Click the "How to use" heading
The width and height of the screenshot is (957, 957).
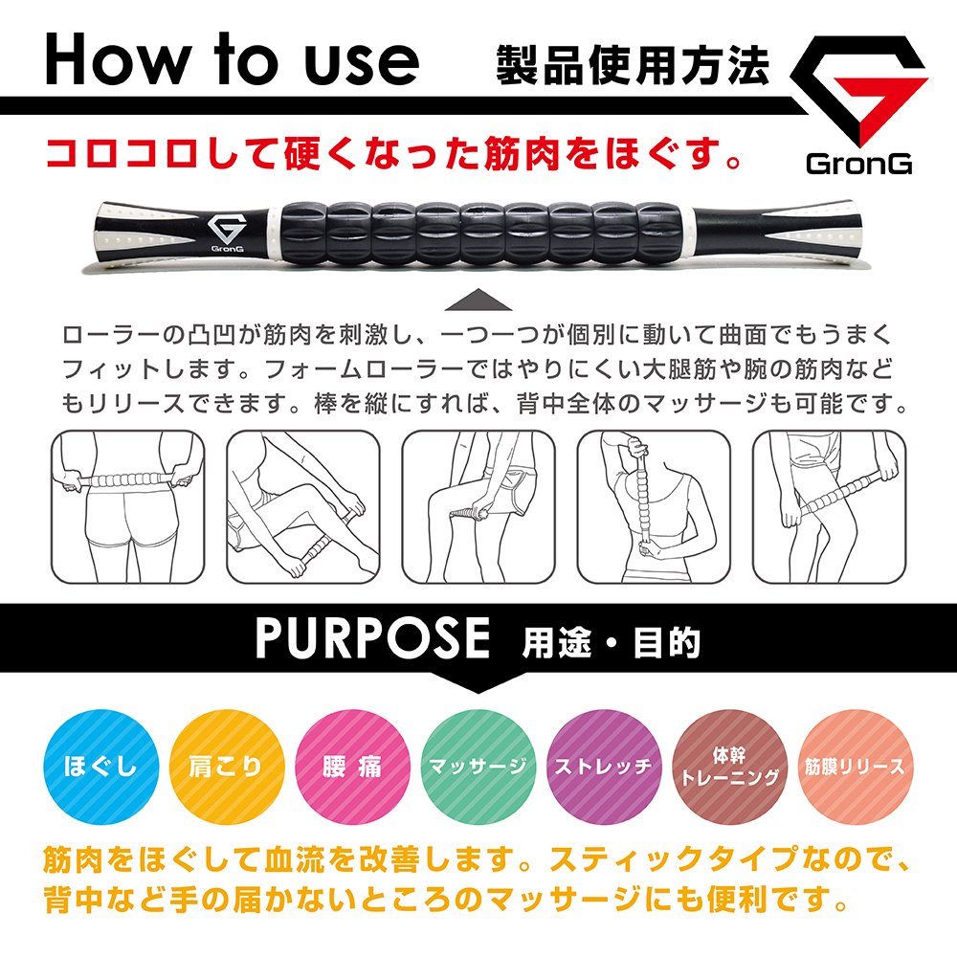pyautogui.click(x=232, y=58)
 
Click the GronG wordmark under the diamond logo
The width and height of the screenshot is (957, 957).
pyautogui.click(x=858, y=164)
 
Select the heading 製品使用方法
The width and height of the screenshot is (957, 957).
pyautogui.click(x=633, y=64)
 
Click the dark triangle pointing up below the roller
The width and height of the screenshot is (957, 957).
pyautogui.click(x=478, y=300)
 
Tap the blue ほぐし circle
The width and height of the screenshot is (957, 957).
pyautogui.click(x=101, y=767)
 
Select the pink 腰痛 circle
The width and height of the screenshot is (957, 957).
pyautogui.click(x=353, y=767)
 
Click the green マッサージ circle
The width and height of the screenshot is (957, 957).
pyautogui.click(x=478, y=767)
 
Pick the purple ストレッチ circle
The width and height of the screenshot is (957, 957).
pyautogui.click(x=604, y=767)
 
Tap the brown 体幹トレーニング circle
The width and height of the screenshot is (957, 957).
pyautogui.click(x=730, y=767)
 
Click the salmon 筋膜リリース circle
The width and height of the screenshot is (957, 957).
pyautogui.click(x=856, y=767)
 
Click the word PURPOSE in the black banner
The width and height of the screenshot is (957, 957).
pyautogui.click(x=372, y=637)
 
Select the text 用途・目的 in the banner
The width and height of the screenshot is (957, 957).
pyautogui.click(x=611, y=642)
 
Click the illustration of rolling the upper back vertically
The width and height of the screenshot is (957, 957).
pyautogui.click(x=654, y=506)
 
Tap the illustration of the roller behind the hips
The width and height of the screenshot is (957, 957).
pyautogui.click(x=127, y=506)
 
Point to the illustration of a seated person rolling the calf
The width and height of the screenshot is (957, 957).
pyautogui.click(x=303, y=506)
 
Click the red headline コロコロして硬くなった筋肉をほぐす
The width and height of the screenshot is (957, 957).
pyautogui.click(x=394, y=154)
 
